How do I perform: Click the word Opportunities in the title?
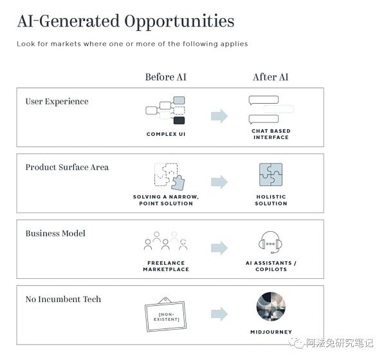(179, 22)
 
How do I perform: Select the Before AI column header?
(166, 77)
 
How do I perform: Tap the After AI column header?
(271, 77)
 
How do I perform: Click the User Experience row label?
(57, 102)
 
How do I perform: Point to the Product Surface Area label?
(67, 167)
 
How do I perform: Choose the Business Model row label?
(55, 233)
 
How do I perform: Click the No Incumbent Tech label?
(63, 299)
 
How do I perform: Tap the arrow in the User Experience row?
(219, 116)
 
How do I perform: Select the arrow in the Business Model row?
(219, 248)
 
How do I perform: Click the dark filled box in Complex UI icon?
(179, 120)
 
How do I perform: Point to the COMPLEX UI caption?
(166, 134)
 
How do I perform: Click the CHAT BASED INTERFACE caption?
(271, 134)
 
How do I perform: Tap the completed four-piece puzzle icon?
(271, 175)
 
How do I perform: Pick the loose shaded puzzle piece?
(178, 183)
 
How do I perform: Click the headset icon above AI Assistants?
(270, 242)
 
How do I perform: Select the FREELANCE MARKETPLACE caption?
(166, 266)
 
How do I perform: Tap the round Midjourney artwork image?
(271, 307)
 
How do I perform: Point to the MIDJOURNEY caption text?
(271, 332)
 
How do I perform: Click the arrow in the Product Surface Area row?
(219, 182)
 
